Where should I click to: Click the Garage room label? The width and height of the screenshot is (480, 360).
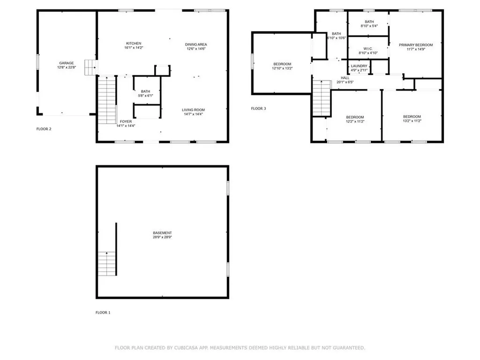tap(66, 65)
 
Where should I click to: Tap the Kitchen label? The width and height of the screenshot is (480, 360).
tap(133, 46)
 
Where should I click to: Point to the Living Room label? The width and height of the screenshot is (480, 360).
tap(194, 112)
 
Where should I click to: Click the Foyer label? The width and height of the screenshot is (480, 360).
tap(125, 124)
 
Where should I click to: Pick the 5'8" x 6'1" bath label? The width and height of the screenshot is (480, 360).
tap(145, 94)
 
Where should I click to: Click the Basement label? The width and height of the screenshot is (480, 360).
tap(162, 235)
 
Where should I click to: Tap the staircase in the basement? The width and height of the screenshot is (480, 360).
tap(107, 263)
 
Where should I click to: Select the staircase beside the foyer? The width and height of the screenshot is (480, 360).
tap(107, 100)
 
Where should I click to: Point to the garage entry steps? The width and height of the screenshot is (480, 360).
tap(90, 67)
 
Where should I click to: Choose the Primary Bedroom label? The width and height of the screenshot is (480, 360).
tap(416, 47)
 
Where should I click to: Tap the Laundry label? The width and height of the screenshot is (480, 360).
tap(359, 68)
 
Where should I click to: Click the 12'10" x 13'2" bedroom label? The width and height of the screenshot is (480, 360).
tap(282, 66)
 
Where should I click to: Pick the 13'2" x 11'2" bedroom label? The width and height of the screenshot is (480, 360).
tap(412, 119)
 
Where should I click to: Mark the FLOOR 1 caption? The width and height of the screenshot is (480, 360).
tap(103, 312)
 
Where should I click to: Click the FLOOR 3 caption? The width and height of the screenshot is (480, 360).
tap(258, 109)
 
